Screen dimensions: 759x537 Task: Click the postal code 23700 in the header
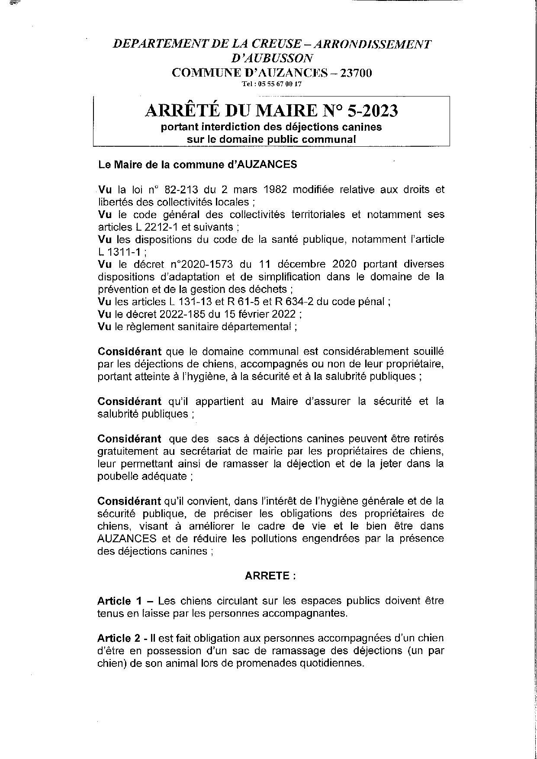tap(356, 73)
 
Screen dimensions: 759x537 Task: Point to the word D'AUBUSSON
tap(272, 58)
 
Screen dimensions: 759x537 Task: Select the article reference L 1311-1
tap(117, 251)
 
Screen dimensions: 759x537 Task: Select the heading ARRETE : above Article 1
tap(270, 576)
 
